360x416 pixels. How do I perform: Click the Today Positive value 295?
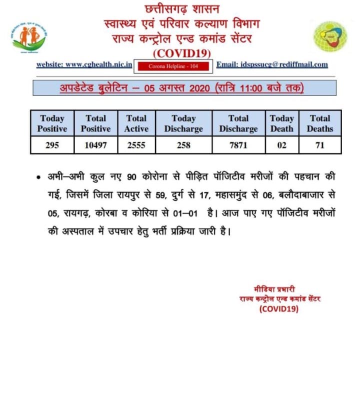[52, 145]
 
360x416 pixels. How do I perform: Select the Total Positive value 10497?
[95, 145]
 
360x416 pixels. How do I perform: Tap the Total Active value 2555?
[136, 145]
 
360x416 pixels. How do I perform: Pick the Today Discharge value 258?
[183, 145]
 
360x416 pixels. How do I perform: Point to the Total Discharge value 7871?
[238, 145]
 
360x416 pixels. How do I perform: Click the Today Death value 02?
[281, 145]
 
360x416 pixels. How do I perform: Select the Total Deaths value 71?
[320, 145]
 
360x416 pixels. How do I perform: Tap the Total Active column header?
[136, 123]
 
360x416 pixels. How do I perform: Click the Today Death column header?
[281, 123]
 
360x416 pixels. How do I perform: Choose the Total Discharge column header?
[238, 123]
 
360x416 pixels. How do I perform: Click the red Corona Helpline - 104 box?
[174, 65]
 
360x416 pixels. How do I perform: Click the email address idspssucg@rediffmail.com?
[278, 64]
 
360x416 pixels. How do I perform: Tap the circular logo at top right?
[330, 37]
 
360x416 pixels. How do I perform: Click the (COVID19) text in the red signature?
[278, 309]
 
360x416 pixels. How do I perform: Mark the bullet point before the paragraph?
[38, 178]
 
